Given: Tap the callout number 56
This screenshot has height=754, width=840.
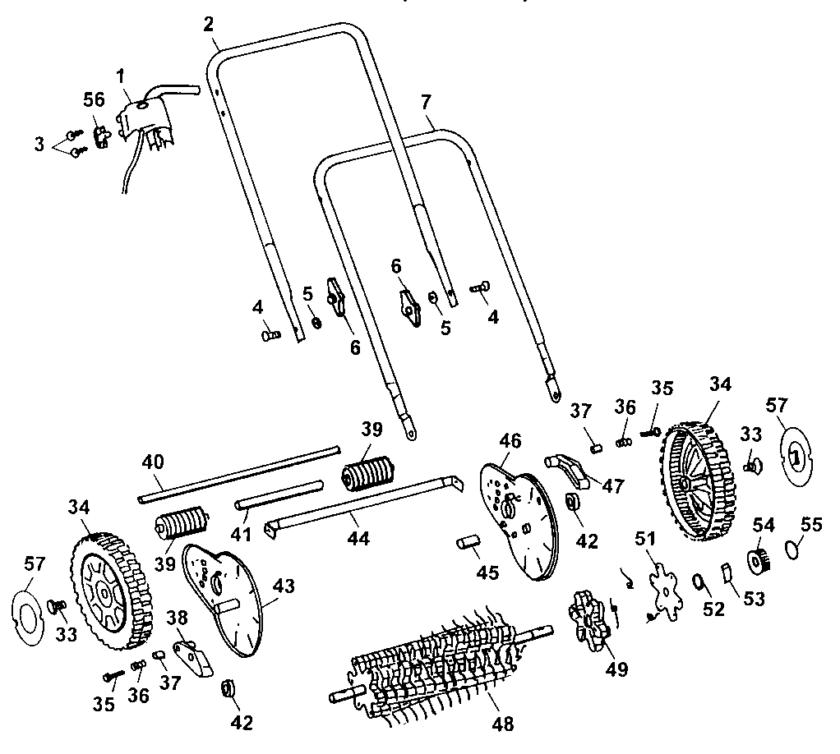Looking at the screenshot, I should coord(95,99).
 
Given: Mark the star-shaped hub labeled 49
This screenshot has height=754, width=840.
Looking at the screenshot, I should coord(585,616).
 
